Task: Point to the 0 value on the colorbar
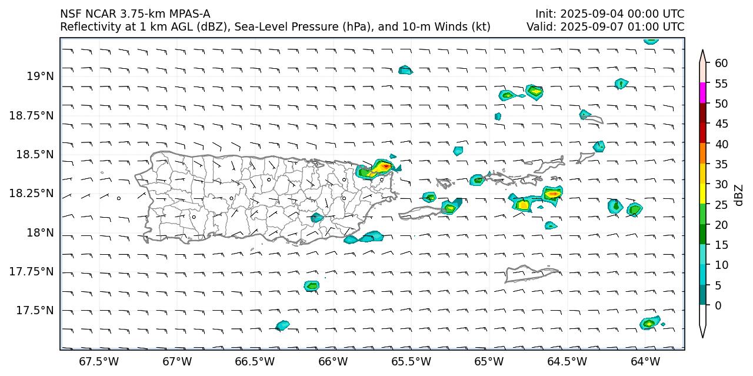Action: point(718,305)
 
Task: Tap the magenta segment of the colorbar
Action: point(702,94)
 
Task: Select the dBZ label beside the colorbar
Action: point(739,195)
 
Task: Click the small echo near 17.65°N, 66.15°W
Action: point(312,286)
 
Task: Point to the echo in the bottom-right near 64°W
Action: point(649,323)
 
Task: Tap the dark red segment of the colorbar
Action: point(702,114)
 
